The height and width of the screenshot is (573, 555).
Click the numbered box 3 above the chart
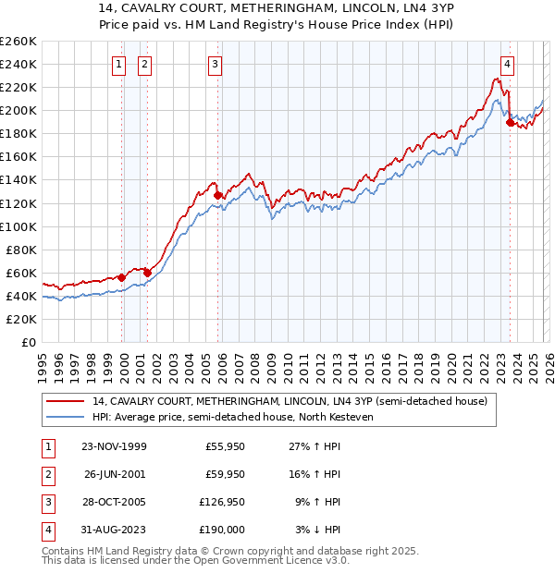coord(215,65)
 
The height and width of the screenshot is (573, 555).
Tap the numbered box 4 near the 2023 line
coord(508,65)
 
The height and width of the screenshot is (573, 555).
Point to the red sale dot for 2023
coord(510,122)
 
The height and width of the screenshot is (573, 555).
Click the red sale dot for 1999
coord(122,277)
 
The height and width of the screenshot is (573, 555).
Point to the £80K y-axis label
coord(21,250)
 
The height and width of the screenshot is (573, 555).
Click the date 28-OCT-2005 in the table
coord(114,504)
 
